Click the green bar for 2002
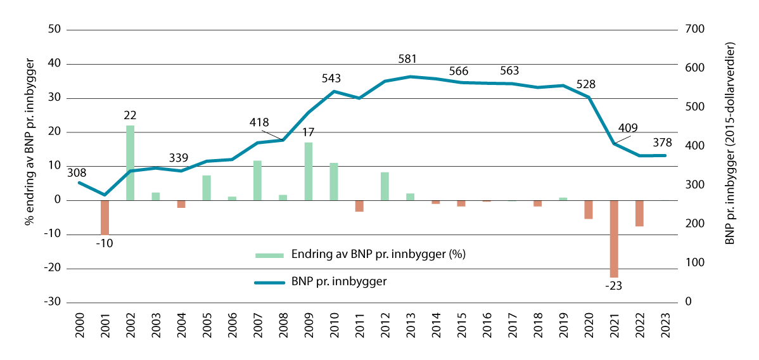tap(130, 163)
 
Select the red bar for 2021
tap(613, 239)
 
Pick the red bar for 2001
tap(105, 217)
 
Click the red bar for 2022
tap(639, 213)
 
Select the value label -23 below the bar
tap(613, 286)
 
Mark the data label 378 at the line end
tap(662, 142)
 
